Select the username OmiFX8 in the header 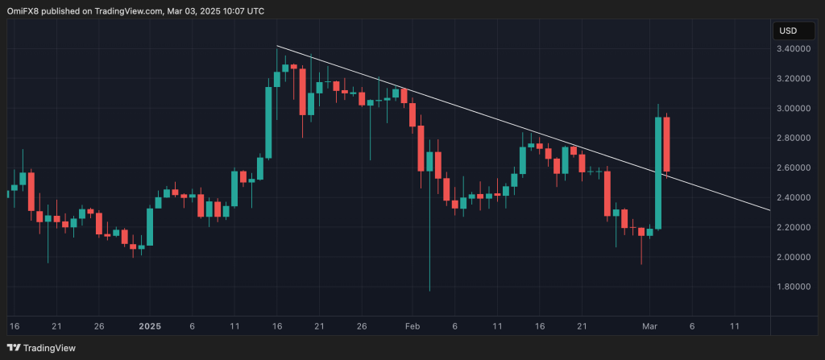[x=23, y=11]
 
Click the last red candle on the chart [x=667, y=143]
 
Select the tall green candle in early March [x=658, y=172]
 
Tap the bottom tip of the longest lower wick [x=429, y=291]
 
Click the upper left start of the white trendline [x=277, y=46]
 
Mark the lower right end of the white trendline [x=769, y=210]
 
